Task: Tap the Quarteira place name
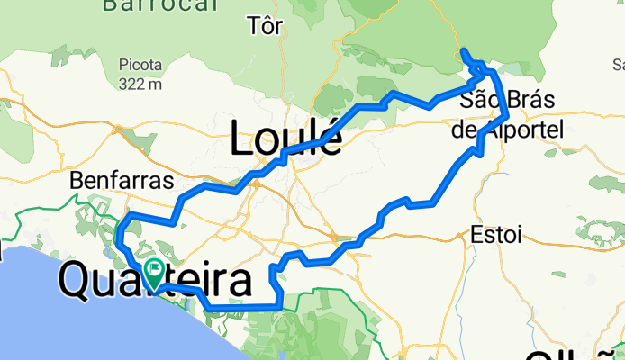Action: point(155,282)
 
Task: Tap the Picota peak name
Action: point(140,66)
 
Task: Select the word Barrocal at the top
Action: point(161,5)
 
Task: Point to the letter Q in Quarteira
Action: point(76,283)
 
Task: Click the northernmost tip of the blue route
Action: point(462,50)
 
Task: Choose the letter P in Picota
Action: point(122,66)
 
